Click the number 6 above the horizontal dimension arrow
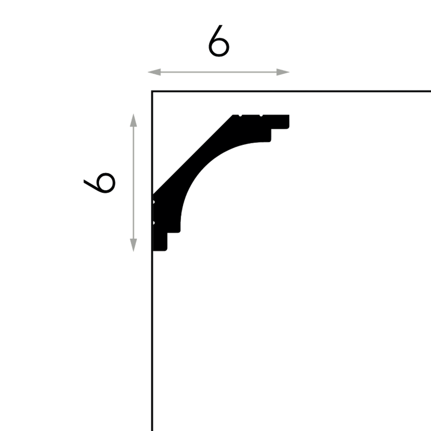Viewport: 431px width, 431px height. pyautogui.click(x=219, y=41)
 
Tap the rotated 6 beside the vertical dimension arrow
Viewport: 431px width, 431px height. pyautogui.click(x=100, y=183)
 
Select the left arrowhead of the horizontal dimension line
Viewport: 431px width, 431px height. pyautogui.click(x=154, y=72)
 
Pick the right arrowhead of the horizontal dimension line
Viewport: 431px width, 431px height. pyautogui.click(x=283, y=72)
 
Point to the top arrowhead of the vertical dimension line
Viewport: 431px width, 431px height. pyautogui.click(x=133, y=120)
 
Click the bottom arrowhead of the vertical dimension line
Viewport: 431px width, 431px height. pyautogui.click(x=133, y=245)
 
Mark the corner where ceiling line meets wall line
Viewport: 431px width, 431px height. pyautogui.click(x=152, y=91)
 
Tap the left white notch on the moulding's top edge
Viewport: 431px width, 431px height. pyautogui.click(x=240, y=115)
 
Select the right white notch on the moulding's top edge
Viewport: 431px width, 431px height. pyautogui.click(x=261, y=115)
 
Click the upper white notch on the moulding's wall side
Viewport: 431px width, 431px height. pyautogui.click(x=154, y=202)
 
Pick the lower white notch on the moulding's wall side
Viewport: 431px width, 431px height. pyautogui.click(x=154, y=223)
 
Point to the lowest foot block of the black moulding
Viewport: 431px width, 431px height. pyautogui.click(x=159, y=242)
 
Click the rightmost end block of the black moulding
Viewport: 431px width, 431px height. pyautogui.click(x=280, y=122)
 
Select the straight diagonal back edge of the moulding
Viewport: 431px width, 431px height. pyautogui.click(x=192, y=155)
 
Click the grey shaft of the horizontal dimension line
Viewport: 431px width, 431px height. pyautogui.click(x=219, y=72)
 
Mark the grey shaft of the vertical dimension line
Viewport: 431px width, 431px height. pyautogui.click(x=133, y=183)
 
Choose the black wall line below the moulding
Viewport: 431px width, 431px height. pyautogui.click(x=152, y=341)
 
